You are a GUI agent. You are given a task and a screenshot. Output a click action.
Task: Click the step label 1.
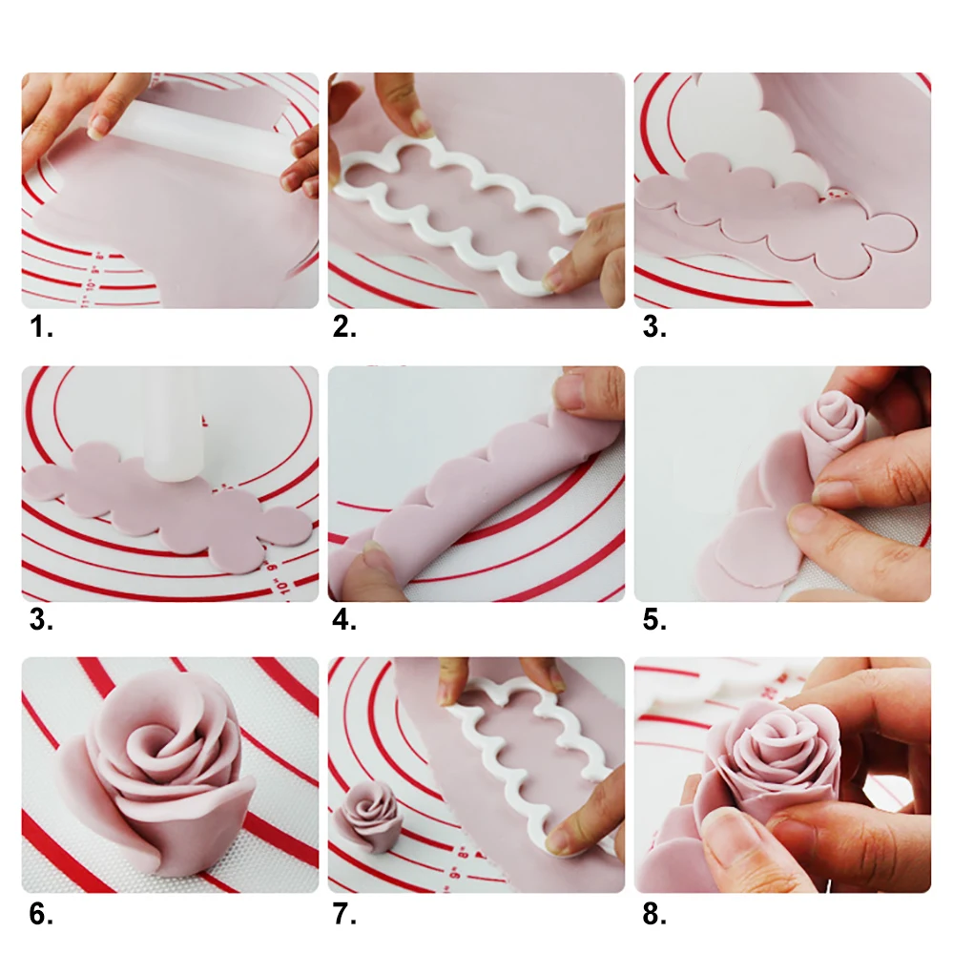point(40,329)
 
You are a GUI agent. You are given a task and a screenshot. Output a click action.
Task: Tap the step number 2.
point(344,329)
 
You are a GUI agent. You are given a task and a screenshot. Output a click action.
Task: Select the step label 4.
point(344,621)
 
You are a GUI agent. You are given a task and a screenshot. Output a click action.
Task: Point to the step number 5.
point(653,621)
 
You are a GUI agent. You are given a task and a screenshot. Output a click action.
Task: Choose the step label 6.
point(40,914)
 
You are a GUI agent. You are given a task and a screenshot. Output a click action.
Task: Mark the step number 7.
point(344,914)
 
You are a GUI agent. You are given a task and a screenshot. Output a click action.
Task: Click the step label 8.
point(653,914)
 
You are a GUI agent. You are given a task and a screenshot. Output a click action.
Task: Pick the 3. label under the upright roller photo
point(40,621)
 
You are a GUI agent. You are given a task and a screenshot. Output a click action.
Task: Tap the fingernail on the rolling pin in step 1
point(98,124)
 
